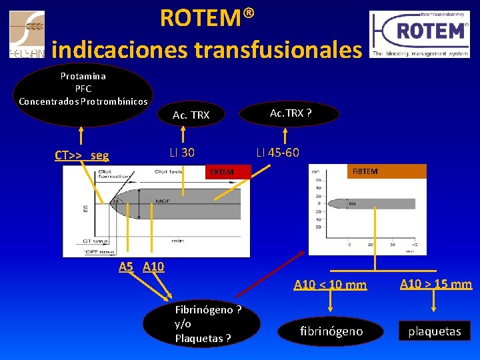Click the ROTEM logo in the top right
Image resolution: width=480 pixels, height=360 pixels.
[419, 34]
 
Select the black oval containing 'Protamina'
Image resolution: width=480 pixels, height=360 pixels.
[83, 94]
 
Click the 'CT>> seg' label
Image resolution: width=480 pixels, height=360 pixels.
[81, 155]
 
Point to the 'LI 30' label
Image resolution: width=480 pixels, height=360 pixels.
[182, 153]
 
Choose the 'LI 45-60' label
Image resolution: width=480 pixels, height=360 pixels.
[277, 153]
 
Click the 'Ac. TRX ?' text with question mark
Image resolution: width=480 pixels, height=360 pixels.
[291, 113]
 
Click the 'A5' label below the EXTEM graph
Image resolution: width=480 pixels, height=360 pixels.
[126, 267]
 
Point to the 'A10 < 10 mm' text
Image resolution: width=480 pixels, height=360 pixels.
[330, 285]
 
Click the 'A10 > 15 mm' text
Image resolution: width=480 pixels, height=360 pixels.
[435, 285]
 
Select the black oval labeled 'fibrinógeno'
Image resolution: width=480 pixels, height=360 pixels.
[331, 331]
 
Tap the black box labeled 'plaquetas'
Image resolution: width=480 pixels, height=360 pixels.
[435, 331]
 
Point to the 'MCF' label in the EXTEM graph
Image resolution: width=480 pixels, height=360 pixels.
[162, 201]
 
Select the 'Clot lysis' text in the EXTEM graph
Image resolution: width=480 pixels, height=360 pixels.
[170, 172]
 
